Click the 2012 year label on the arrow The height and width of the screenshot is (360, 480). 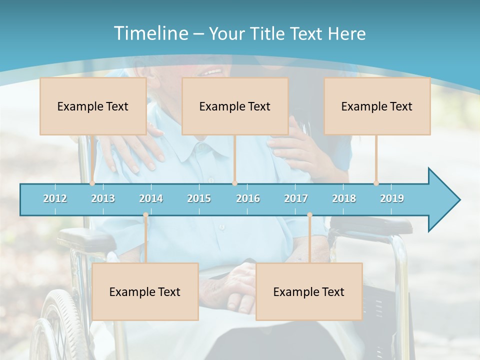(55, 198)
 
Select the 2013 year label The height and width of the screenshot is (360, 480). (103, 198)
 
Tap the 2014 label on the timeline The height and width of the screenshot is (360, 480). (151, 198)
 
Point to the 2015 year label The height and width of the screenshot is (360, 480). (199, 198)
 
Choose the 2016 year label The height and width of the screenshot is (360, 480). (248, 198)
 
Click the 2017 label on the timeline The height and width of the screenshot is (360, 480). (296, 198)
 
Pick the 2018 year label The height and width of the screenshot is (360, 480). (344, 198)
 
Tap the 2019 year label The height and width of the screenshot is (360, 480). (392, 198)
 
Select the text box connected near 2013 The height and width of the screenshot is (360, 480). (93, 106)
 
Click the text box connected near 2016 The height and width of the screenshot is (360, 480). (235, 106)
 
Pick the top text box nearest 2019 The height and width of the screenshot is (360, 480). (377, 106)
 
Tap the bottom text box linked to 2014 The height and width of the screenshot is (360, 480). (145, 291)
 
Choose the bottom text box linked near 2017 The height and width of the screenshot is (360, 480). (309, 291)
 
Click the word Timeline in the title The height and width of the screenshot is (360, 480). (150, 33)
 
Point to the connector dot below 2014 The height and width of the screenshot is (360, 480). (145, 215)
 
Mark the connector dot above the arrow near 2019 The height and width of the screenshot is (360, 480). (376, 183)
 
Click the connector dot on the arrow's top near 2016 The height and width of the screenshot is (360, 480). (234, 183)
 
